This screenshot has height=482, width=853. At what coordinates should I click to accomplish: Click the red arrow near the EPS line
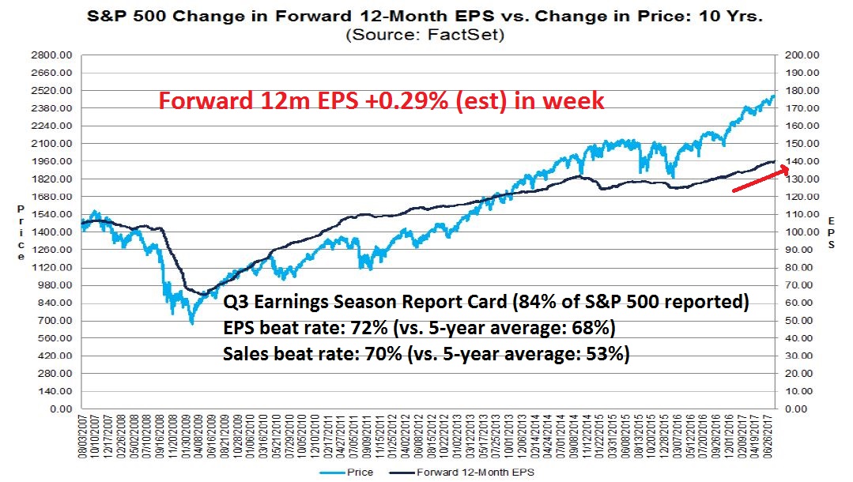tap(759, 179)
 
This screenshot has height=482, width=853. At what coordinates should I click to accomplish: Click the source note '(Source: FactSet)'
tap(425, 35)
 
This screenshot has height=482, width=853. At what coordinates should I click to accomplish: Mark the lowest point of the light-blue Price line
tap(191, 323)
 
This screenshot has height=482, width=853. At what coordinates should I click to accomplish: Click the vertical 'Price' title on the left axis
tap(21, 232)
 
